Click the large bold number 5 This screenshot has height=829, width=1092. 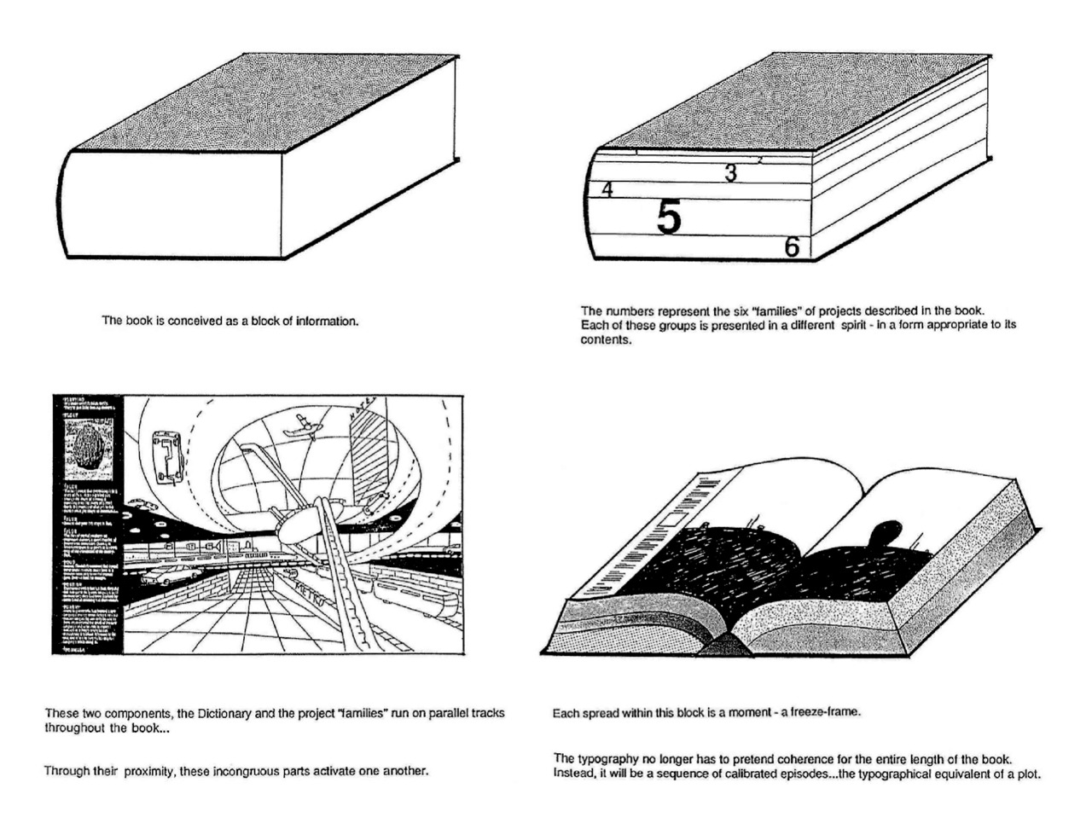[x=670, y=218]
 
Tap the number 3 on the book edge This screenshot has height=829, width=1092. [x=730, y=173]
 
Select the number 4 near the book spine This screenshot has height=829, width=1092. [x=607, y=190]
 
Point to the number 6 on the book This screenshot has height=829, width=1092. [x=792, y=247]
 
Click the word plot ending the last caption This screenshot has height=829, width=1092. [x=1029, y=774]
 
